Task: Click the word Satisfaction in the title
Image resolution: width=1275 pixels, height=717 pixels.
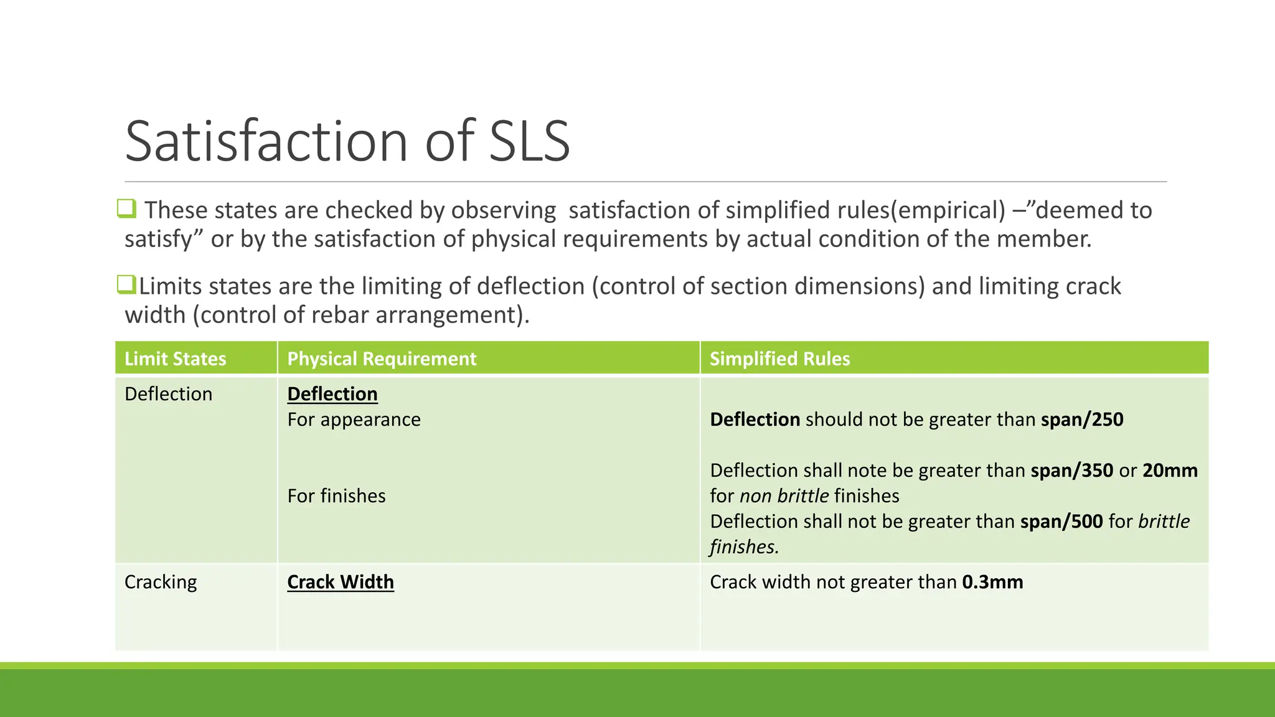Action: (266, 141)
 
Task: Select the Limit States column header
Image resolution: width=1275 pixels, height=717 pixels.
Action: (176, 358)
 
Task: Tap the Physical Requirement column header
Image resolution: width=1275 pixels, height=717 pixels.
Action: (382, 358)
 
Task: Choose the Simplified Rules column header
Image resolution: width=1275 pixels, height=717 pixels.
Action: (779, 358)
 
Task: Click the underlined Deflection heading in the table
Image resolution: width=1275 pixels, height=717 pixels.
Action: (332, 394)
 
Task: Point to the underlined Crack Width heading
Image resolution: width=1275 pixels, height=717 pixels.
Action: (341, 582)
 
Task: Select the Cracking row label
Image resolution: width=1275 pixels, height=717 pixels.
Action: (161, 582)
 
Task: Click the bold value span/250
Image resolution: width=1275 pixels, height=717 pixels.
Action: (1082, 419)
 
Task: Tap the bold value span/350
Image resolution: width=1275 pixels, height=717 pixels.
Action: (1071, 471)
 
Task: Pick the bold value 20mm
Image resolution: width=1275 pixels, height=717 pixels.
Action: (1170, 471)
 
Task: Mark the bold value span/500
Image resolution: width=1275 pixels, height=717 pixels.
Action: (1061, 522)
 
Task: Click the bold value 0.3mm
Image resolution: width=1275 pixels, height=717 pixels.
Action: (992, 582)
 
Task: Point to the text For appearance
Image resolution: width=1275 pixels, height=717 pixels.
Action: (354, 419)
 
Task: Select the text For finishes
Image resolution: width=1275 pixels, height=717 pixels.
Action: (336, 496)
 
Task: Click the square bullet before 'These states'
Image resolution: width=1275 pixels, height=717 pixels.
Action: (126, 209)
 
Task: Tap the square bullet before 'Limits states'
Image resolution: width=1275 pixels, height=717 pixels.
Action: (126, 284)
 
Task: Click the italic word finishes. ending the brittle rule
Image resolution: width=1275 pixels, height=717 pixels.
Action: (745, 547)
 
